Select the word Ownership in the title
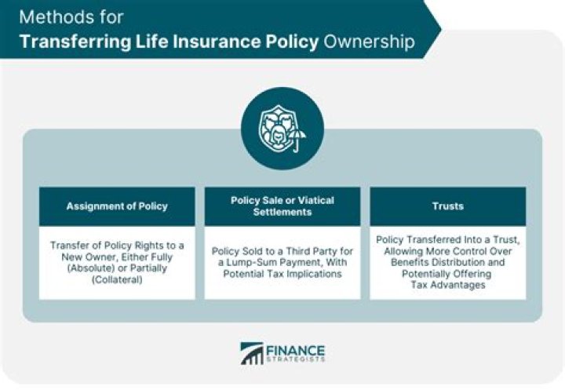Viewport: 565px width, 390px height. pyautogui.click(x=366, y=41)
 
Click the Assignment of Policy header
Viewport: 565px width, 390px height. pyautogui.click(x=117, y=206)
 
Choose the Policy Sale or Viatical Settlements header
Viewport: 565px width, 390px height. pyautogui.click(x=282, y=206)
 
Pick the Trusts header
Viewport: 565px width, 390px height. pyautogui.click(x=448, y=206)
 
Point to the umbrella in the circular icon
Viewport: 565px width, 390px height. pyautogui.click(x=297, y=140)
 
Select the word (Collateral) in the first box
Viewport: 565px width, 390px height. pyautogui.click(x=117, y=280)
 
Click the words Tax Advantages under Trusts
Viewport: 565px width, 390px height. pyautogui.click(x=448, y=285)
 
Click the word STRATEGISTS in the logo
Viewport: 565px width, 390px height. pyautogui.click(x=296, y=360)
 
